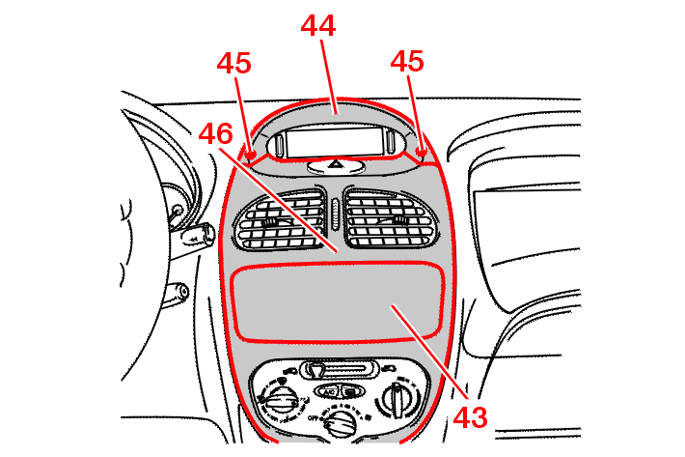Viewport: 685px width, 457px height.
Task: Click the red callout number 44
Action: click(318, 26)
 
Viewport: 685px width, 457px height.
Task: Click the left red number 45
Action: click(234, 63)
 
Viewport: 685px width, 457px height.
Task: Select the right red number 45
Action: click(407, 61)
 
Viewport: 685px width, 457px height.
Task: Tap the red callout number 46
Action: click(216, 133)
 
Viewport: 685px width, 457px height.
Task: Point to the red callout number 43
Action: click(470, 417)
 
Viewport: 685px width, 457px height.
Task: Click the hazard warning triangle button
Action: click(336, 165)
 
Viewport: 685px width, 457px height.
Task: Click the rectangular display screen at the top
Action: click(335, 142)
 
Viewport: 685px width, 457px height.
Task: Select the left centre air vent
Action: click(281, 220)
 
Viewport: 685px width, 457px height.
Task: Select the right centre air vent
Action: click(390, 218)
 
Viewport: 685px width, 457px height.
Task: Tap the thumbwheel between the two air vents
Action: click(336, 214)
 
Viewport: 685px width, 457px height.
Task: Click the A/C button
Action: click(329, 392)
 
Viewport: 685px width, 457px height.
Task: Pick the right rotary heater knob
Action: click(397, 400)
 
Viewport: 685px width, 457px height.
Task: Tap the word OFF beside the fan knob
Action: click(314, 418)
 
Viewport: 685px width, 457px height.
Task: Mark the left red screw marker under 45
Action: click(251, 155)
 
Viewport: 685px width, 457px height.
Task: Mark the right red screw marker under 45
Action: click(422, 153)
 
